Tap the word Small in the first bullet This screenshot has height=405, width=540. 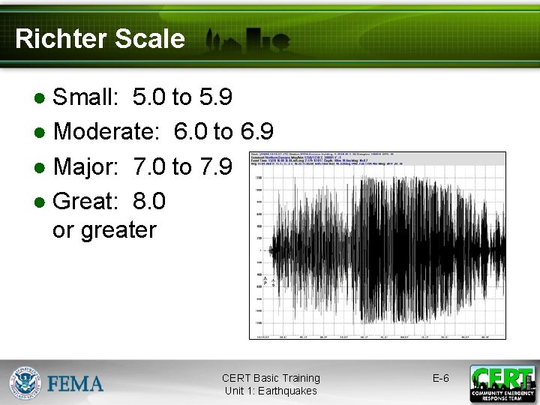click(x=85, y=97)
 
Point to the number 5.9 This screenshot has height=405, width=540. click(x=215, y=97)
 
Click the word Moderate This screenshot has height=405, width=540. click(x=106, y=132)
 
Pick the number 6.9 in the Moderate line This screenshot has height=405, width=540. click(x=256, y=132)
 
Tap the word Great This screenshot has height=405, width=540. click(x=82, y=201)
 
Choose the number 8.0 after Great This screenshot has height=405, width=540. click(x=148, y=201)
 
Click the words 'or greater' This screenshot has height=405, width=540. click(x=104, y=229)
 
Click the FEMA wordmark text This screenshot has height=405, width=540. click(x=76, y=385)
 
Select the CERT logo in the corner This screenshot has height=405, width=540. click(x=502, y=383)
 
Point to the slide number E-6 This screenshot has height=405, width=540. click(x=441, y=378)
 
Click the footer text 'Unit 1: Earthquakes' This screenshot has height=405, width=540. click(x=270, y=391)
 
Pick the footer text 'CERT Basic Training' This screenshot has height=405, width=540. click(x=270, y=378)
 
